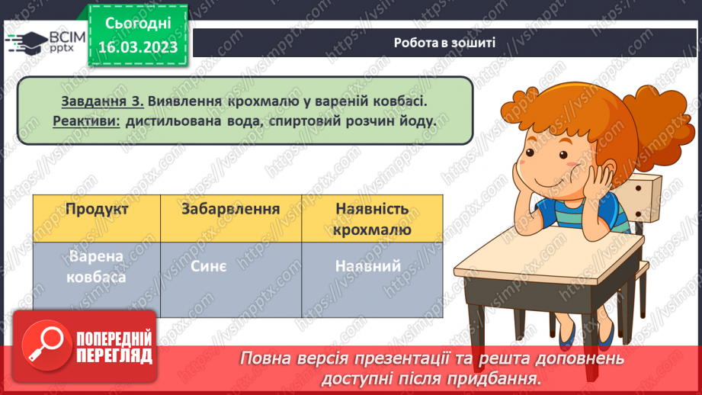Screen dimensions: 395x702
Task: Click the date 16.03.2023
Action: point(137,47)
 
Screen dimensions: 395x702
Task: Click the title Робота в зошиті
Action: point(444,42)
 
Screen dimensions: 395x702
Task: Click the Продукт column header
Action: point(97,209)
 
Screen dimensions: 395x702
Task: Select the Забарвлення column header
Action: point(231,209)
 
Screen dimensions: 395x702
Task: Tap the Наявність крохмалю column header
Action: point(372,219)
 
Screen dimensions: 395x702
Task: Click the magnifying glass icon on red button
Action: point(43,345)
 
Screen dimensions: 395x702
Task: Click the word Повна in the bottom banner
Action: point(267,358)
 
